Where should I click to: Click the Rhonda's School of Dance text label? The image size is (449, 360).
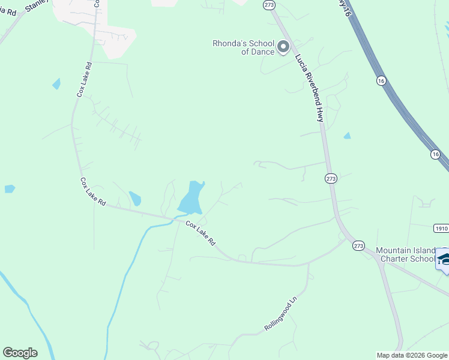click(244, 47)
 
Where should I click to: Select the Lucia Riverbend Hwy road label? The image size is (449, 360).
click(309, 88)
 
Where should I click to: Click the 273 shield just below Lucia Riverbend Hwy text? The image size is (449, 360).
click(331, 179)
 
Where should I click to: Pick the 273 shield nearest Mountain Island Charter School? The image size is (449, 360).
click(358, 245)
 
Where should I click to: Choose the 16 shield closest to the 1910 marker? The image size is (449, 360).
click(435, 155)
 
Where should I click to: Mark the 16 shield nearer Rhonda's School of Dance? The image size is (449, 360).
click(381, 80)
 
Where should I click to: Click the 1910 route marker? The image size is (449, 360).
click(441, 229)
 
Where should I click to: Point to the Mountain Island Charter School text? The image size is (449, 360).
click(405, 254)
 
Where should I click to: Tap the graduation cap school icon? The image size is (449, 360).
click(444, 260)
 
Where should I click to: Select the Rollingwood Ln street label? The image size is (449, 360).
click(281, 319)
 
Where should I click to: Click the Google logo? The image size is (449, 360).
click(20, 353)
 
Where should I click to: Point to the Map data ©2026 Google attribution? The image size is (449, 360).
click(412, 355)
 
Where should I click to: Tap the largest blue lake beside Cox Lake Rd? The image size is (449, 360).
click(191, 198)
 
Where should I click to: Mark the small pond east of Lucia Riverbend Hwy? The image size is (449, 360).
click(347, 136)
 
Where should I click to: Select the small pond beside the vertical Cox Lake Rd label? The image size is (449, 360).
click(56, 83)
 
